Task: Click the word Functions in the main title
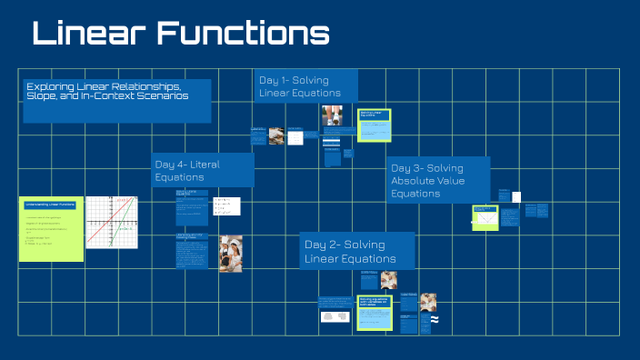pos(242,35)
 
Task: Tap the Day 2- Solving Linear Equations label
pos(356,251)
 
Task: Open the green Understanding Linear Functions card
pos(50,229)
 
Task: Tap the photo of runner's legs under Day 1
pos(331,115)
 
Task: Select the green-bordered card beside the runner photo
pos(374,125)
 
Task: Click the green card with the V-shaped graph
pos(485,217)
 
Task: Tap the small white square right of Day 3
pos(516,196)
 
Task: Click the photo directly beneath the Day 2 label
pos(388,280)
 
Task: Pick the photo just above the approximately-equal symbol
pos(427,301)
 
